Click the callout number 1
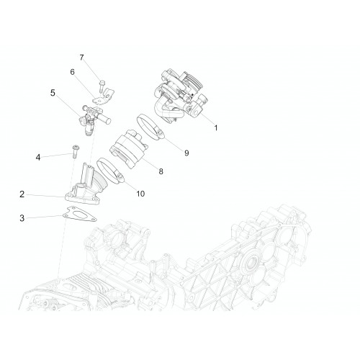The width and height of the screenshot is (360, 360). point(216,127)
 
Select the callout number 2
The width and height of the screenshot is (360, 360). point(22,194)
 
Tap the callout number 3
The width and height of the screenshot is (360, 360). point(22,218)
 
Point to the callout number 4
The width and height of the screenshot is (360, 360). point(38,158)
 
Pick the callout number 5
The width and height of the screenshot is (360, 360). point(53,93)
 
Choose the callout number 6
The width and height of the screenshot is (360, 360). point(72,72)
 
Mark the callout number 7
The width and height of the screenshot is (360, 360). point(81,58)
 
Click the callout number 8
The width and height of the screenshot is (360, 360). point(161,171)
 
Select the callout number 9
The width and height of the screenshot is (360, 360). point(186,153)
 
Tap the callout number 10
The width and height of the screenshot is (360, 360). point(140,194)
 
